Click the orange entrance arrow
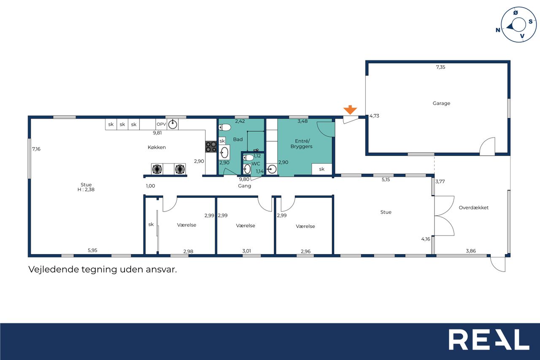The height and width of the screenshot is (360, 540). pos(350,110)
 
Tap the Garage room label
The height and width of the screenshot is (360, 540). pos(441,103)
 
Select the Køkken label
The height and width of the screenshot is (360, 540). pos(157,147)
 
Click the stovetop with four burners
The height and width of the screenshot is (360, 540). pos(211,147)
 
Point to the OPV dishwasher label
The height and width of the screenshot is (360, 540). pos(161,124)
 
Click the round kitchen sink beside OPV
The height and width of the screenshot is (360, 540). pos(173,125)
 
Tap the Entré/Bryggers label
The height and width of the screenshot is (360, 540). pos(302,143)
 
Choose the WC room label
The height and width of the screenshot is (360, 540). pos(256,164)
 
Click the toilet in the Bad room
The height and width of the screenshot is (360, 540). pos(225,127)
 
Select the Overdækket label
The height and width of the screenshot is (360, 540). pos(473,207)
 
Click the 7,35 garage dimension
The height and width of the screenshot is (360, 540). pos(440,67)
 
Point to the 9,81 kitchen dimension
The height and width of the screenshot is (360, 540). pos(157,133)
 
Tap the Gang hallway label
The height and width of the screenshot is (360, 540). pos(244,186)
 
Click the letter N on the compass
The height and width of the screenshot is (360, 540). pos(497,30)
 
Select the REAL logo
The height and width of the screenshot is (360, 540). pos(489,339)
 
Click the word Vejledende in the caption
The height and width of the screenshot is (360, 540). pos(53,269)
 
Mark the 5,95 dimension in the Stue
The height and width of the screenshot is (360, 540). pos(92,250)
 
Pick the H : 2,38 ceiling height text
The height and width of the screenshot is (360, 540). pos(86,189)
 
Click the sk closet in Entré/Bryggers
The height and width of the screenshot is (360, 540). pos(321,169)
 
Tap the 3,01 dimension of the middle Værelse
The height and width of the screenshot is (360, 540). pos(247,251)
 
